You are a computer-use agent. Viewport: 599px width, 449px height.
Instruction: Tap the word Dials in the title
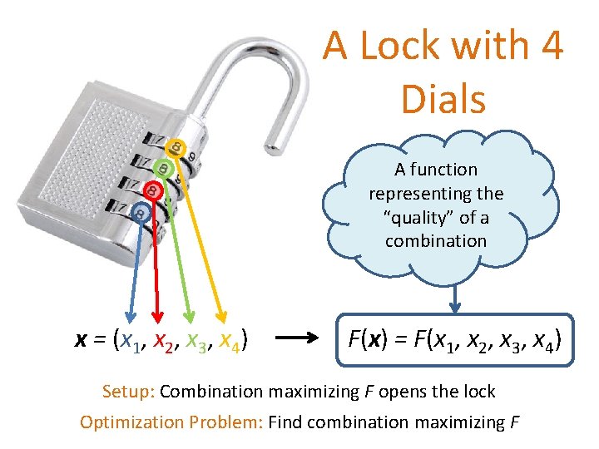(x=443, y=99)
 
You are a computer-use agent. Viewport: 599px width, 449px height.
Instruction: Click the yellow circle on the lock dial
(x=175, y=148)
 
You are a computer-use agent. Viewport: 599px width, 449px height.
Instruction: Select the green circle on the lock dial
(x=164, y=169)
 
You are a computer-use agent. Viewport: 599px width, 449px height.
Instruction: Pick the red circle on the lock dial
(x=152, y=191)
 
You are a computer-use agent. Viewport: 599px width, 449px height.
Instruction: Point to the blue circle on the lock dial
(x=141, y=213)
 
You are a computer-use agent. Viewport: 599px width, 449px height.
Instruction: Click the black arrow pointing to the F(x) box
(x=300, y=338)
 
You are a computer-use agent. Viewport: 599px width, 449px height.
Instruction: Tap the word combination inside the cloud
(x=436, y=241)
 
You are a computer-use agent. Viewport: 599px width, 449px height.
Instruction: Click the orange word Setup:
(x=128, y=391)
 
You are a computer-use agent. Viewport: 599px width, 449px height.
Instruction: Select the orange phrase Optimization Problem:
(x=171, y=422)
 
